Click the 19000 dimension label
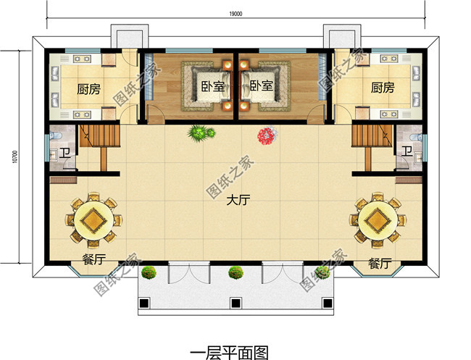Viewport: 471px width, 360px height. [x=236, y=14]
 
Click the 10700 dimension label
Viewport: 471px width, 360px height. [x=14, y=156]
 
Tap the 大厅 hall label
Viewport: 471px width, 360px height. [x=238, y=200]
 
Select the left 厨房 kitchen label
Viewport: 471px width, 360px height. [x=88, y=89]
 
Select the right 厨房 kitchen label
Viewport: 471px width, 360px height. [x=383, y=88]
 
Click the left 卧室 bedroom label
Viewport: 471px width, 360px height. [x=212, y=86]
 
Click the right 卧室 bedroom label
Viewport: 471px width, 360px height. [x=262, y=86]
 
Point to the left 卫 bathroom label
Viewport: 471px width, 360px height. [x=64, y=153]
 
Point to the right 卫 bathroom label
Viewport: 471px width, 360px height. [x=407, y=151]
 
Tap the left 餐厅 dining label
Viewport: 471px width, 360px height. [x=94, y=259]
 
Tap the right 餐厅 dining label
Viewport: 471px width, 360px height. [x=380, y=264]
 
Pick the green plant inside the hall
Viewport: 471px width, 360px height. [x=201, y=133]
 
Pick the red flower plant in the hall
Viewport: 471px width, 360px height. [x=267, y=135]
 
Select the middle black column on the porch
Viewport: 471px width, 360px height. [x=236, y=304]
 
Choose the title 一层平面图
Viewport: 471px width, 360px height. [x=229, y=353]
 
